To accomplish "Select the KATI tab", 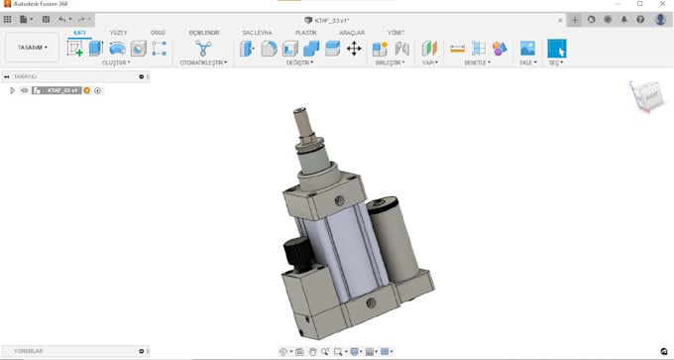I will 78,33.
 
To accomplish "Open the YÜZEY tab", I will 118,33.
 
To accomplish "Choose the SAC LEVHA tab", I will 258,33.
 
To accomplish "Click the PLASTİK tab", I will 306,33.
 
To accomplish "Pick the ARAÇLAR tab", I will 352,33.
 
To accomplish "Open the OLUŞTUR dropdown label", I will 117,62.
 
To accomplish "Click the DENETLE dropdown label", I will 478,62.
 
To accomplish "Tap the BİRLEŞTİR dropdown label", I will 390,62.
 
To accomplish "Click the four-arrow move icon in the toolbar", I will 354,48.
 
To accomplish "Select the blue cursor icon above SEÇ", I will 557,48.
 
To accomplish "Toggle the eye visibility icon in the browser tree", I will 25,90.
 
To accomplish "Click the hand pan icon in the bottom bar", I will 312,351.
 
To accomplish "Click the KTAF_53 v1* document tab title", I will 338,19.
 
